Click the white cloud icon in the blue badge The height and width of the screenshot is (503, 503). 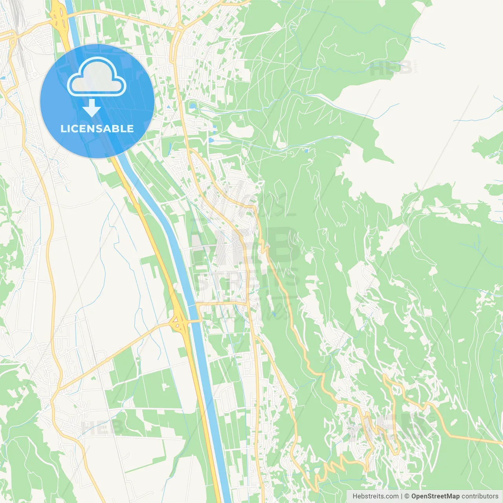97,77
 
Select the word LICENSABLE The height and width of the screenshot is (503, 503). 97,129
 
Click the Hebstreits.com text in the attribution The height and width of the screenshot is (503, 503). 375,496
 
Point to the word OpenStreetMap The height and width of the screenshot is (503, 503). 435,496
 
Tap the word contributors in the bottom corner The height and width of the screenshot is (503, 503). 480,496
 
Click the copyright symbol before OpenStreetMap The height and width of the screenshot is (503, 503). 407,496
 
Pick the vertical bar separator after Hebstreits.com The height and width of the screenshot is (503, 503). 401,496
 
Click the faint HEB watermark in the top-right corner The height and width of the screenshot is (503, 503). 391,68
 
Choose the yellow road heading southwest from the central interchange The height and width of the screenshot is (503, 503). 118,354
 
